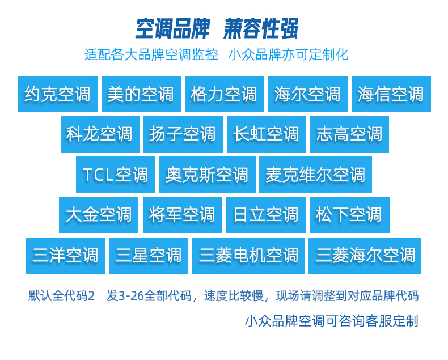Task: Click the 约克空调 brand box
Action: coord(58,94)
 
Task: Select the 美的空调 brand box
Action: coord(141,94)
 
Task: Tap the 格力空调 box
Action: coord(225,94)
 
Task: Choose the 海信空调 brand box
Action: coord(391,94)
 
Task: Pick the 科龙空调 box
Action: coord(100,134)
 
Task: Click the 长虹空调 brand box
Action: coord(267,134)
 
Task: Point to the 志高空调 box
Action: coord(349,134)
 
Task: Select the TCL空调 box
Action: coord(116,175)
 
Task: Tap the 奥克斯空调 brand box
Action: coord(208,175)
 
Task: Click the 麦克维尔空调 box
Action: coord(316,175)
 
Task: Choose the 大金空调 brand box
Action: coord(99,215)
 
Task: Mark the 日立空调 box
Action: coord(266,215)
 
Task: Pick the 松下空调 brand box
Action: coord(350,215)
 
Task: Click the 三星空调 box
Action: coord(149,256)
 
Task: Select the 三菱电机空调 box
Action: coord(248,256)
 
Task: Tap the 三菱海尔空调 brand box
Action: coord(365,256)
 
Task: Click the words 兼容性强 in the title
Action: coord(261,28)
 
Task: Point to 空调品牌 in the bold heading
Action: coord(172,28)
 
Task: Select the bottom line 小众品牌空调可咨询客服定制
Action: coord(332,321)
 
